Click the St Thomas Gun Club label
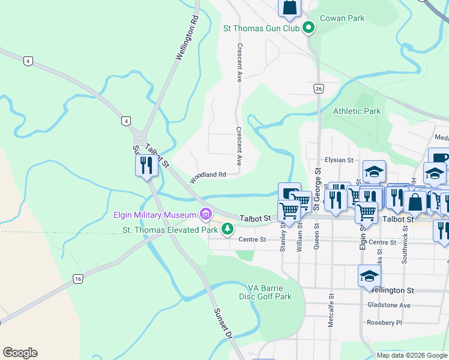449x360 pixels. pos(261,28)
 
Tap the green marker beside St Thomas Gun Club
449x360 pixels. pos(309,27)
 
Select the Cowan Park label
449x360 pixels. pos(342,18)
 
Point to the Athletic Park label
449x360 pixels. pos(357,111)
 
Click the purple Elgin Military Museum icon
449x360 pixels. pos(206,214)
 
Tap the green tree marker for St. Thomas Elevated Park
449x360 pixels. pos(228,229)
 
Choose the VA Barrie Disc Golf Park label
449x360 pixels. pos(270,292)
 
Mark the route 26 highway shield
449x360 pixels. pos(318,89)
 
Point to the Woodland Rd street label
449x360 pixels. pos(208,178)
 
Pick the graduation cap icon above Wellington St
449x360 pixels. pos(369,275)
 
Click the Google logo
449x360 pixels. pos(20,353)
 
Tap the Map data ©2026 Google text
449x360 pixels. pos(412,355)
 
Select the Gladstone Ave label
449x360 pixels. pos(388,305)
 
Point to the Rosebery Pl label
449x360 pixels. pos(385,322)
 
